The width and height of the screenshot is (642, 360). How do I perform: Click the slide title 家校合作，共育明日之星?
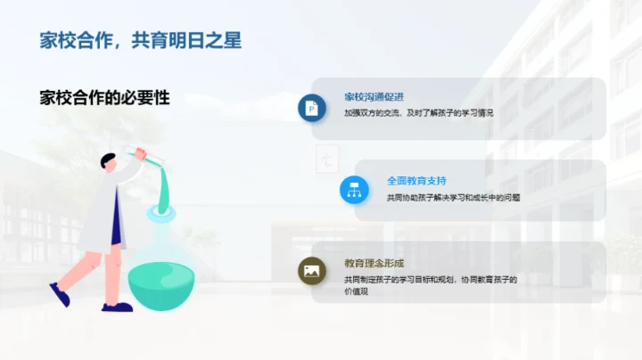(141, 39)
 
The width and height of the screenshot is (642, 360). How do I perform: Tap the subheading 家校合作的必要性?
(104, 98)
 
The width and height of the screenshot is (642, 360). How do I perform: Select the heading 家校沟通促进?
(374, 96)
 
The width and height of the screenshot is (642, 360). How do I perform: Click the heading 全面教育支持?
(416, 180)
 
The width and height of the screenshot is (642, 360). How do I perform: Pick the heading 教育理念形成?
(374, 263)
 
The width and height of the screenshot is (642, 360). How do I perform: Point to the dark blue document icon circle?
(312, 108)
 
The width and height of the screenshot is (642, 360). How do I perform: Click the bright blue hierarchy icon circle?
(354, 189)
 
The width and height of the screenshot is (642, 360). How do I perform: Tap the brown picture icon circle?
(312, 271)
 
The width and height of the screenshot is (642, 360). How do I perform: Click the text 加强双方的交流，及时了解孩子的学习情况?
(418, 114)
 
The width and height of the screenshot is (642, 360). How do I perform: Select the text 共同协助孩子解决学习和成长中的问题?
(453, 197)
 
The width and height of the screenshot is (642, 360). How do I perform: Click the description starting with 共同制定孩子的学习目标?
(431, 279)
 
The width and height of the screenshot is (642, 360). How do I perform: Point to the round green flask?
(161, 276)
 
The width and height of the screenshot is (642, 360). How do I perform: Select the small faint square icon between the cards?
(327, 160)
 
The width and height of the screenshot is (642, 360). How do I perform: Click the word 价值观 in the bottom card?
(357, 291)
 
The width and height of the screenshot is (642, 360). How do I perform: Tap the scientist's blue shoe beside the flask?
(117, 307)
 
